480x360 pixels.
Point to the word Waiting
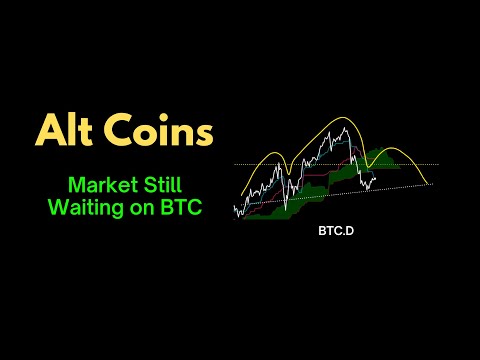(85, 208)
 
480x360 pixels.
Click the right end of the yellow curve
(431, 183)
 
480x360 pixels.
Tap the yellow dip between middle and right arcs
(363, 160)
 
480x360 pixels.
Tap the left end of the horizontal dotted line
(234, 164)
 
